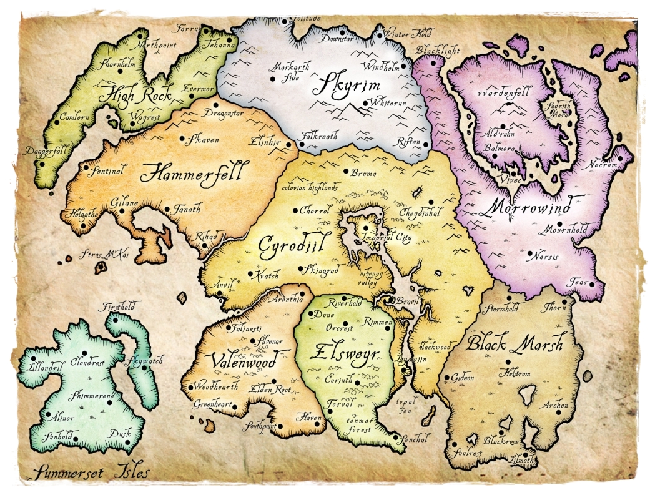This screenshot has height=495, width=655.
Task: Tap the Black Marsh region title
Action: [515, 343]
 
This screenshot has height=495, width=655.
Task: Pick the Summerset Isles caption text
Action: [92, 473]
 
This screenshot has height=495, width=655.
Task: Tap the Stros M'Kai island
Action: [101, 268]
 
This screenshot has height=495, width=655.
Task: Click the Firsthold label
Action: [122, 307]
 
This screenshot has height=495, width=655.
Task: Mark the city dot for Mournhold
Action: [559, 223]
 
